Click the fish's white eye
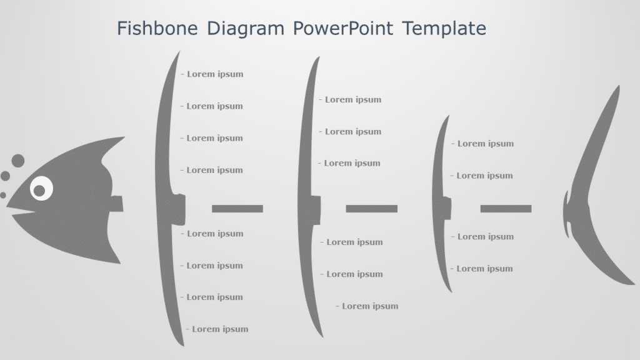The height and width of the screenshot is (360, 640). click(41, 187)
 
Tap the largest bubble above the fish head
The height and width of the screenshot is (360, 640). click(17, 161)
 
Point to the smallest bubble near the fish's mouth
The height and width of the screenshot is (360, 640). click(3, 195)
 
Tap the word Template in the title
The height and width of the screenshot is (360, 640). click(444, 28)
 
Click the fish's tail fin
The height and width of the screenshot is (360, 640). click(597, 187)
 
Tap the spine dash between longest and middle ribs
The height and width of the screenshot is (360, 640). click(237, 208)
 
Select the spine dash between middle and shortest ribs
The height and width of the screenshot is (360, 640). click(371, 208)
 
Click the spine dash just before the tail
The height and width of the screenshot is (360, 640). click(506, 208)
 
